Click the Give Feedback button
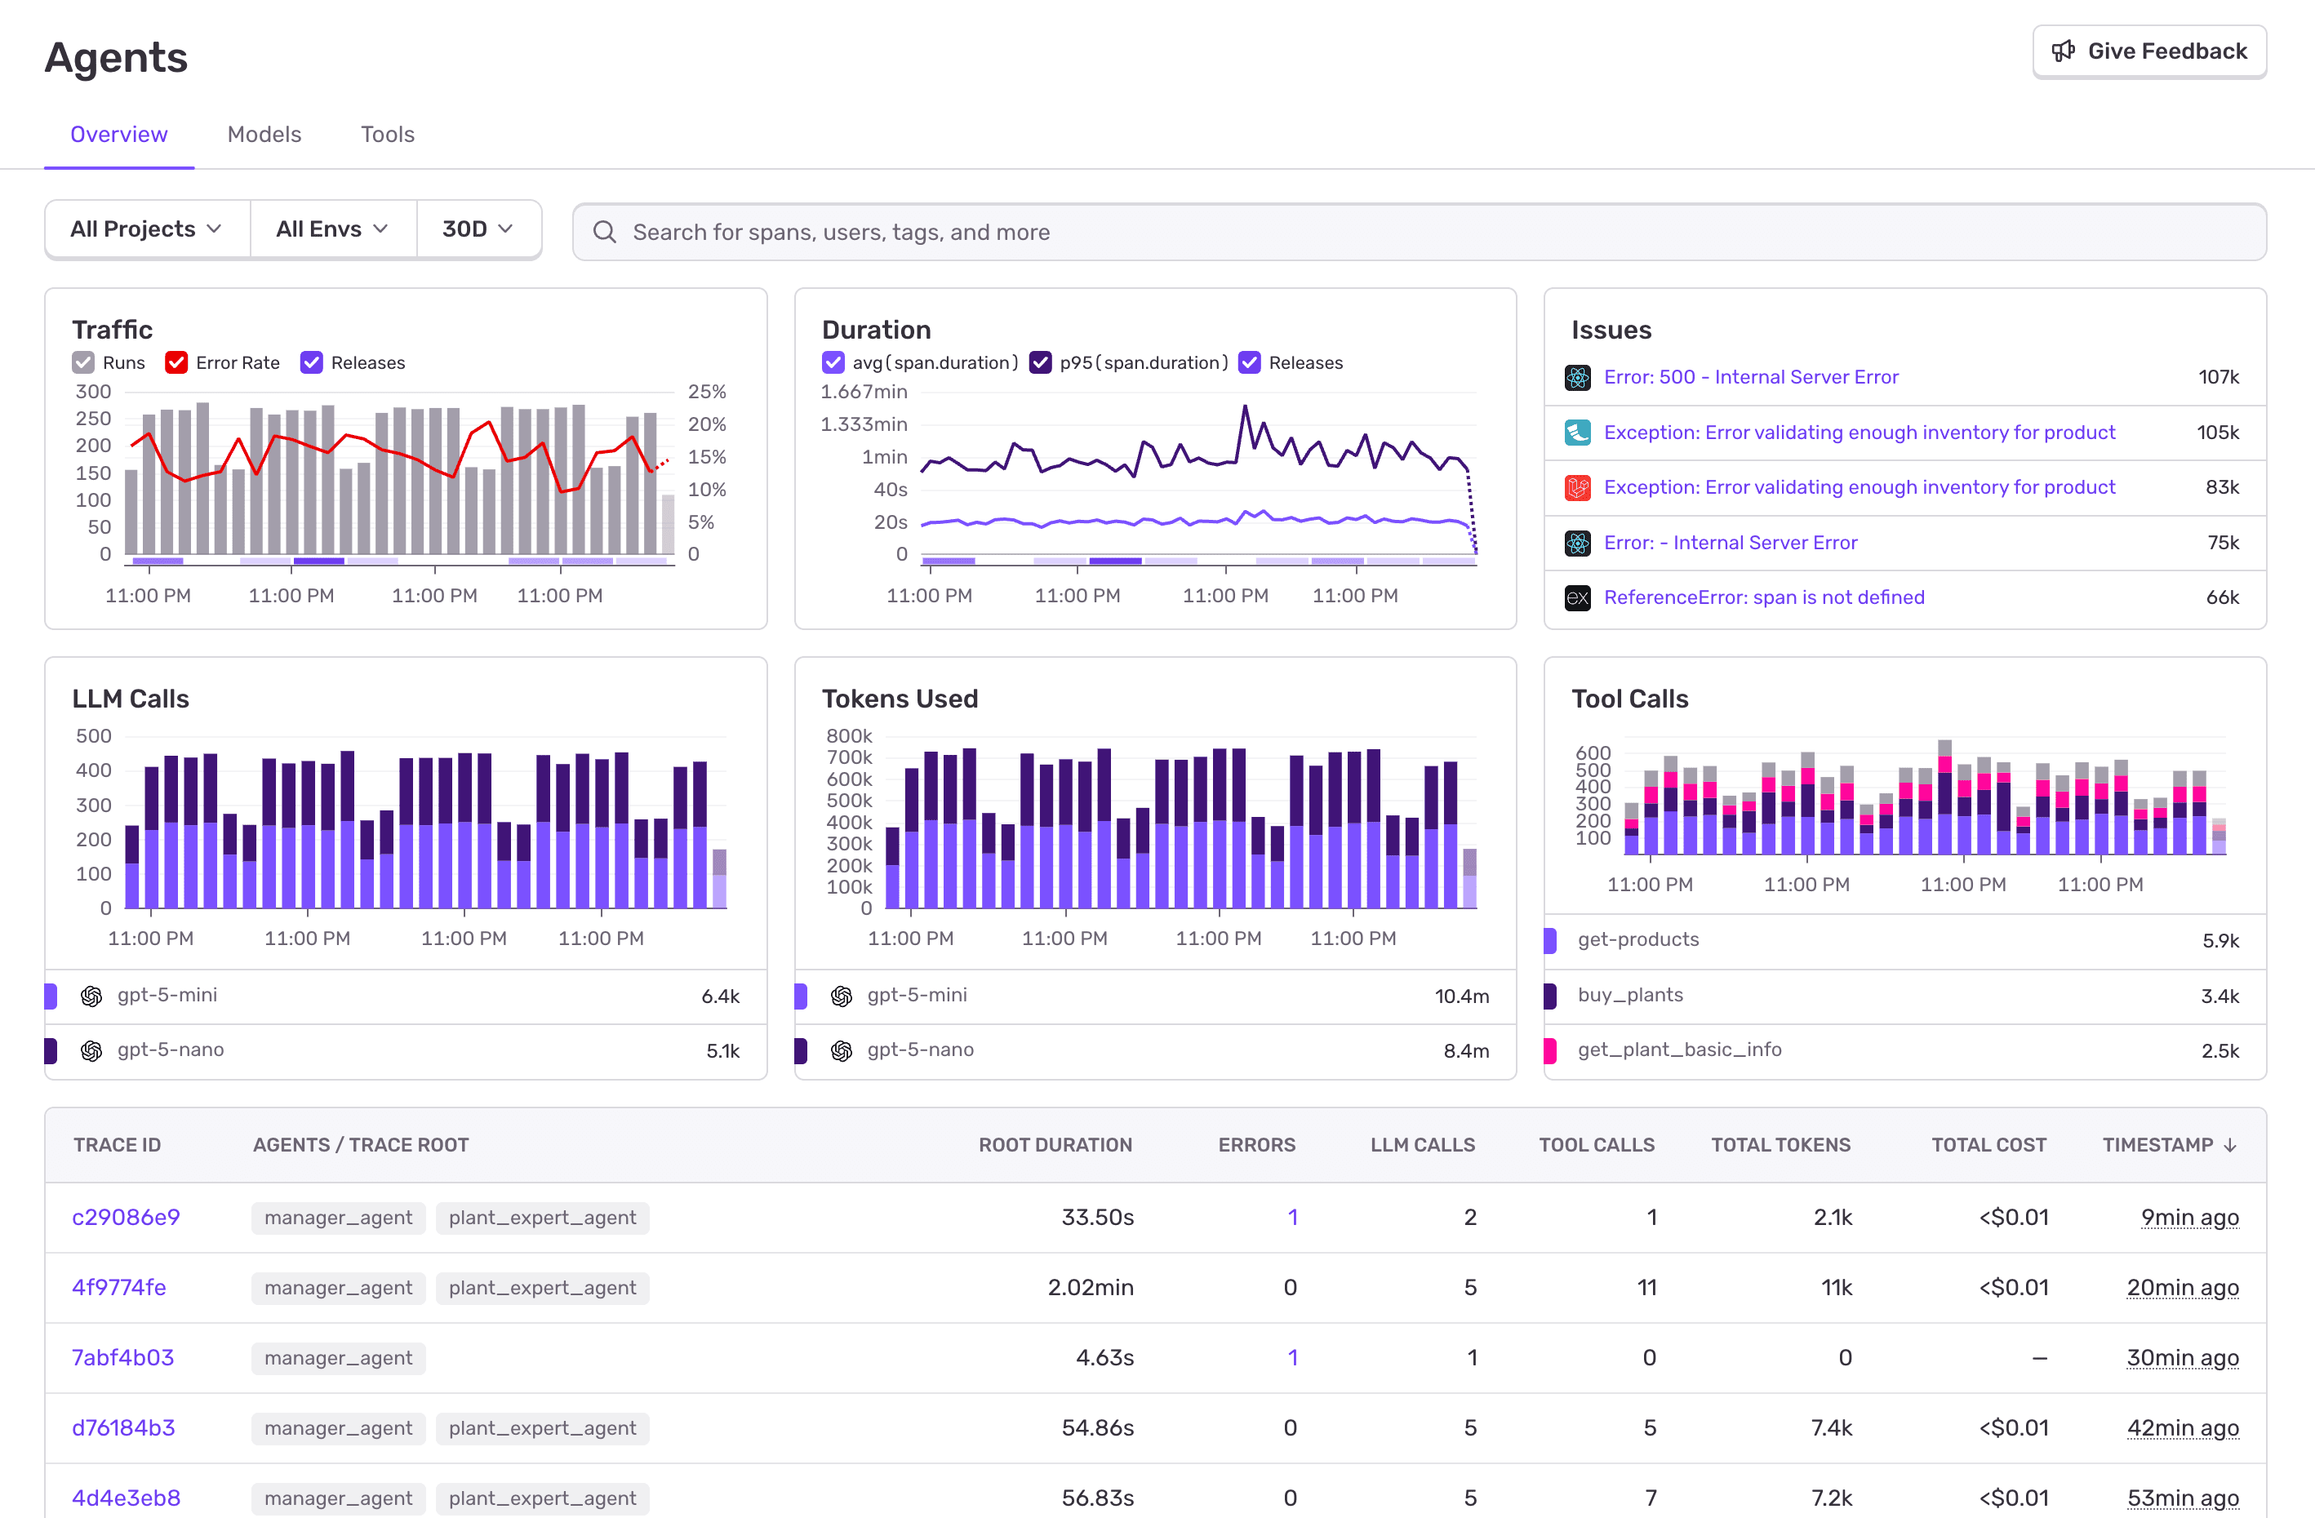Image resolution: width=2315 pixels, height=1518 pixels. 2148,51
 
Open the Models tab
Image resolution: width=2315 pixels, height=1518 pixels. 264,134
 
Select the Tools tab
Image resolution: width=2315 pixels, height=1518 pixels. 387,134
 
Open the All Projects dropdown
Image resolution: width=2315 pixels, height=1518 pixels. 147,229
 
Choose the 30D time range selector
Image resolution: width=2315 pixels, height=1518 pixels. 478,229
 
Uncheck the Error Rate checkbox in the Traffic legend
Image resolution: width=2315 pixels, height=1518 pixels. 176,362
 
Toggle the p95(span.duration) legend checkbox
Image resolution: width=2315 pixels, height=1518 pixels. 1040,362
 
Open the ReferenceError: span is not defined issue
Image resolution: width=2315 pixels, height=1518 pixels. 1763,597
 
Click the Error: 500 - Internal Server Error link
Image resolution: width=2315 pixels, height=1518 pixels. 1750,377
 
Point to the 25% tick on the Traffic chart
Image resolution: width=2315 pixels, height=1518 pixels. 706,392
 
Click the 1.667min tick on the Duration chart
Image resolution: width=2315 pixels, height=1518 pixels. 863,392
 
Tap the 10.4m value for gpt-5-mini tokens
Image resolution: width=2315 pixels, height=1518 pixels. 1461,996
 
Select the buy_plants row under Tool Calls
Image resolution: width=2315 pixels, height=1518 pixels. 1630,995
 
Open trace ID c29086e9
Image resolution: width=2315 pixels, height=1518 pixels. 126,1218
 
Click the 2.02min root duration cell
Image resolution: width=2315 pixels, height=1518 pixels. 1090,1288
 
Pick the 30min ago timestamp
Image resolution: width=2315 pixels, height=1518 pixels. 2182,1357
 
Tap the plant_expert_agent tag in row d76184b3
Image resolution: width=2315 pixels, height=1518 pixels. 542,1427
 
